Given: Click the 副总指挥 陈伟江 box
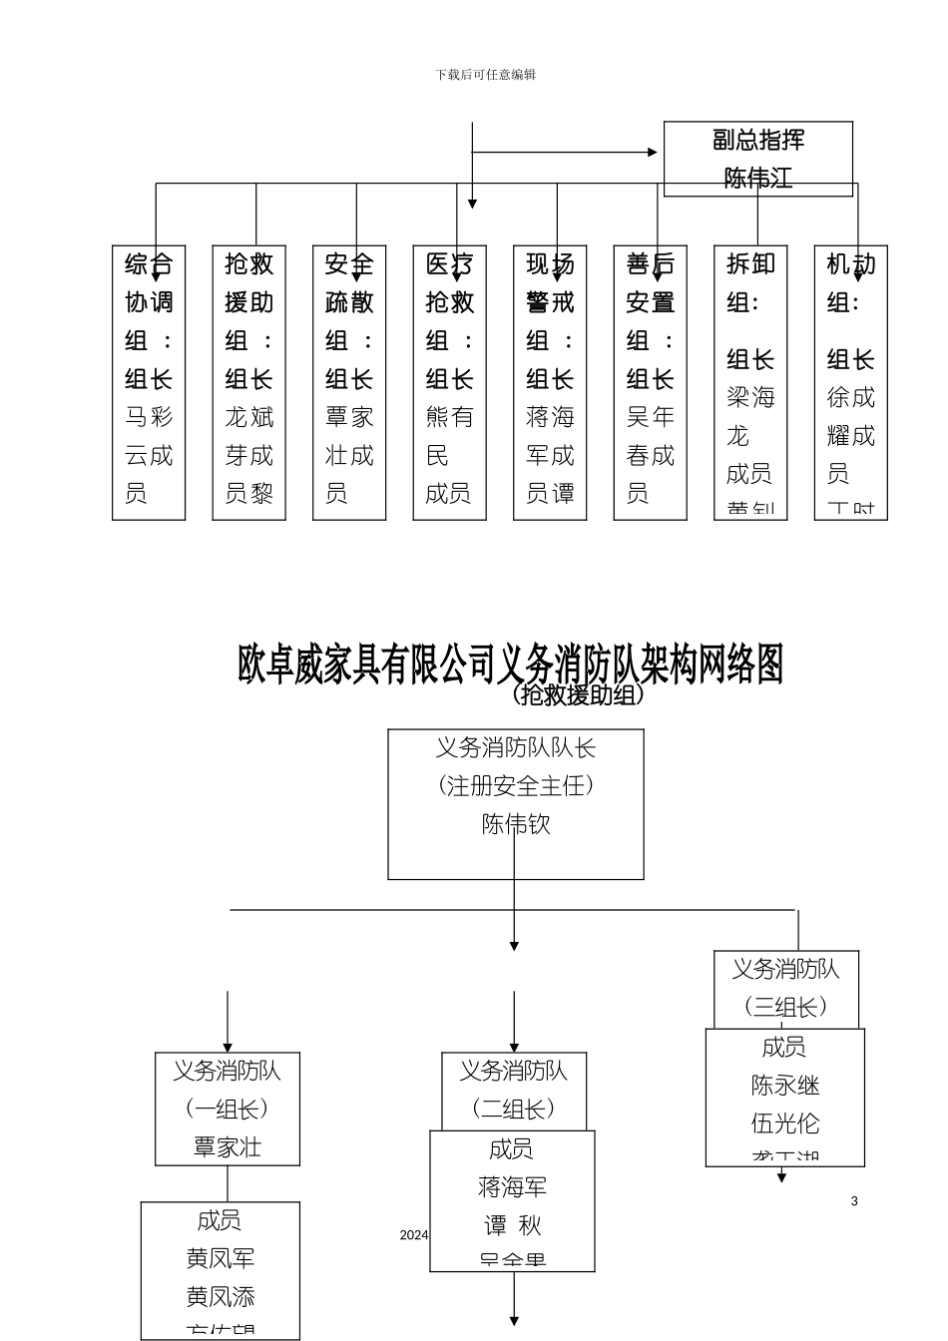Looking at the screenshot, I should [757, 159].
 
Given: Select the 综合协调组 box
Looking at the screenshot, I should [149, 382].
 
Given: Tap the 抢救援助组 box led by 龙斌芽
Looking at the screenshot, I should [248, 382].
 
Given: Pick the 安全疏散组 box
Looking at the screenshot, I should [349, 382].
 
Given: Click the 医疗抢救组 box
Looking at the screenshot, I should [449, 382].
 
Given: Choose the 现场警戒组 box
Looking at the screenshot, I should [550, 382].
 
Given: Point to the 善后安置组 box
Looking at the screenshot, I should [650, 382].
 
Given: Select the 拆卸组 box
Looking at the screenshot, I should [750, 382].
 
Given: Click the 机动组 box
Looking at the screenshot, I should [850, 382].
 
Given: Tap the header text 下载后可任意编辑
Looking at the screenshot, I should [485, 75].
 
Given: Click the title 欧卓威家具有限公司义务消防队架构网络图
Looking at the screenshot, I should [510, 664].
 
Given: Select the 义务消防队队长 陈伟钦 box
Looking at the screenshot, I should [515, 803].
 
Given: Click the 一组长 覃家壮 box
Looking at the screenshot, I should [228, 1109].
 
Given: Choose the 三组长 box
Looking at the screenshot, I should [786, 989].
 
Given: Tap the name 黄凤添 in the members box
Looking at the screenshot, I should [221, 1297].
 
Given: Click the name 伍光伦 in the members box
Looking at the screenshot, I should [785, 1124].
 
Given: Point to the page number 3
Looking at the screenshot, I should [854, 1201].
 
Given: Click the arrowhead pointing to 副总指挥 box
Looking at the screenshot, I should [653, 153].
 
